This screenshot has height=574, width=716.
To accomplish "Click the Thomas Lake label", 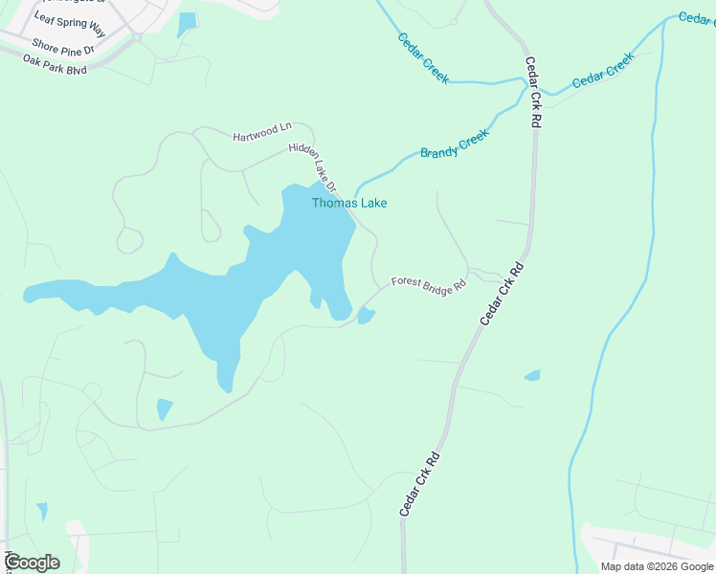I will click(349, 203).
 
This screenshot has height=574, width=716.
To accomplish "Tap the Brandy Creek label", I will click(455, 144).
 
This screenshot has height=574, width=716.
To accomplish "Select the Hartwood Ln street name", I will click(261, 132).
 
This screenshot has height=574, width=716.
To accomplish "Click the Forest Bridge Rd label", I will click(428, 284).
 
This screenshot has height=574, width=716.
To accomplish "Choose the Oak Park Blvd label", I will click(56, 64).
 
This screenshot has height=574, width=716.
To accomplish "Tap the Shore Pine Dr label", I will click(63, 45).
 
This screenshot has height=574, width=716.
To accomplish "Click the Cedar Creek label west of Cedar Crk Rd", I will click(423, 57).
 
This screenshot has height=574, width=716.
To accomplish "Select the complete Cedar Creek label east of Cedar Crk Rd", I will click(604, 71).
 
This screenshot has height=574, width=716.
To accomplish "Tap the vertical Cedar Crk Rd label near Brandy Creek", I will click(533, 93).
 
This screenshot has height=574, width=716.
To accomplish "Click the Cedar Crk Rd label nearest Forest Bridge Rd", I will click(503, 292).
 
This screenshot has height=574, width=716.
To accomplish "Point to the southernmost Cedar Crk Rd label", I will click(419, 485).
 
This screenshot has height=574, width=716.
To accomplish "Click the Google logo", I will click(33, 563).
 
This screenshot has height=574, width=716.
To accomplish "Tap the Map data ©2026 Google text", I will click(657, 566).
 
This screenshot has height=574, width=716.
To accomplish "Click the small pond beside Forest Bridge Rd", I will click(366, 316).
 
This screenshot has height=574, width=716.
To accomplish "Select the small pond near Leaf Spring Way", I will click(187, 23).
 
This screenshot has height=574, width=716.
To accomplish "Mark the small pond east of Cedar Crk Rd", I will click(532, 376).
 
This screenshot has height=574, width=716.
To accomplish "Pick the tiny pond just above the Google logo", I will click(41, 512).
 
